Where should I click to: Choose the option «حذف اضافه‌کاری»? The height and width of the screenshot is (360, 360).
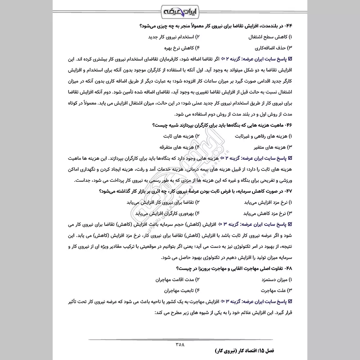pos(268,47)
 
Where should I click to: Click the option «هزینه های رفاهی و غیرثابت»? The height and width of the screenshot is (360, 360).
pos(257,135)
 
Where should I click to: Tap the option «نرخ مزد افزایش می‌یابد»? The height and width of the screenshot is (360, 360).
pos(261,202)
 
